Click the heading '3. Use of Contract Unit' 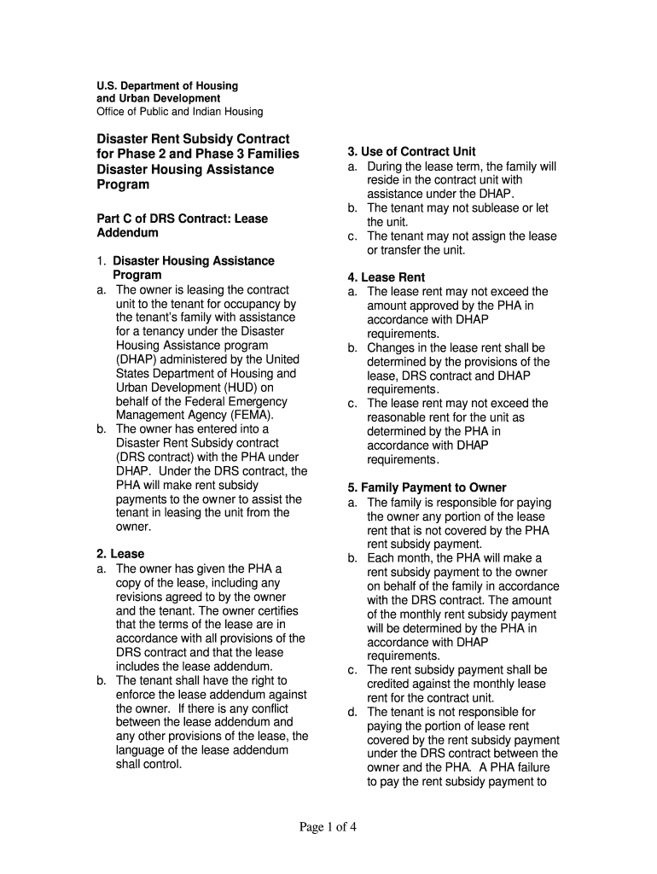[x=411, y=152]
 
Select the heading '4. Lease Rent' [x=386, y=277]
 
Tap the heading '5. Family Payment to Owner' [x=427, y=487]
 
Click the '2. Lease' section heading [x=121, y=554]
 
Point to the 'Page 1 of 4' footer [x=328, y=826]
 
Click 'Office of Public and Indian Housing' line [x=179, y=112]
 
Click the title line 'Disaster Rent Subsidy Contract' [x=193, y=139]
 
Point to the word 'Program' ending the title [x=123, y=185]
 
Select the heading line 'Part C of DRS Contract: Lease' [x=182, y=218]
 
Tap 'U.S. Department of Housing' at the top [x=166, y=86]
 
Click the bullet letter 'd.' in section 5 [x=352, y=712]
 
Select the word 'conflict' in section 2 [x=267, y=708]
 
